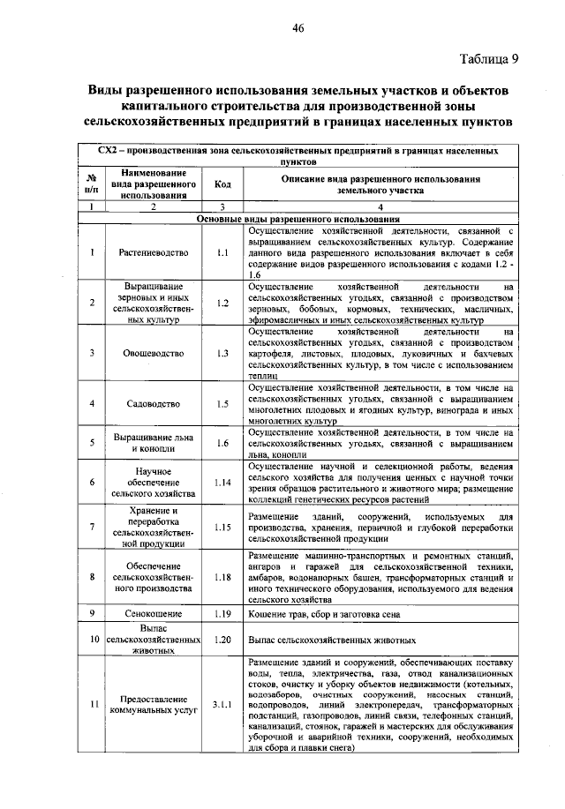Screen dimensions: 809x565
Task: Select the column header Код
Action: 222,184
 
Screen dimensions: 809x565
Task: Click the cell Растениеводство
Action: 154,252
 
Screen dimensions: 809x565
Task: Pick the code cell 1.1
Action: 222,252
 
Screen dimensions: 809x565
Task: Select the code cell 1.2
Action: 222,303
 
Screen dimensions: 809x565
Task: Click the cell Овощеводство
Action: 154,353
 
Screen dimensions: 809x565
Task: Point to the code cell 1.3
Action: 222,353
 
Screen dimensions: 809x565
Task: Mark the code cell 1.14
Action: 222,483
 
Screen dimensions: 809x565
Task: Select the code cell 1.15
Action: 222,528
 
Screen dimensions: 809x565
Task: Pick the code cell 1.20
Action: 222,639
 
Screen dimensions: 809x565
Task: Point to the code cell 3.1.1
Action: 222,703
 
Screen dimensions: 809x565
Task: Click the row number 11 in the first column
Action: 92,703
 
